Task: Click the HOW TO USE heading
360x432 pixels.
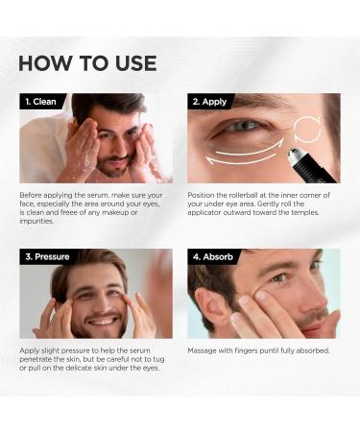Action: click(86, 63)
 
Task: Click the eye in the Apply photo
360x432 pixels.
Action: click(244, 127)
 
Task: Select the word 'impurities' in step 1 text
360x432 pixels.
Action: click(39, 223)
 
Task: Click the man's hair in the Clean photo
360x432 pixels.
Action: click(104, 104)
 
